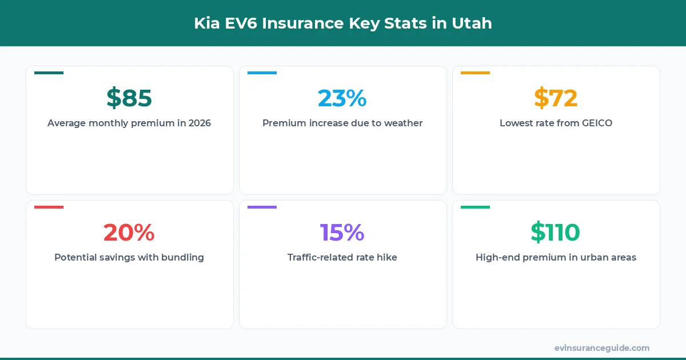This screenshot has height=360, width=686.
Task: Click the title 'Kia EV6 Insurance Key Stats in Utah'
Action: click(x=343, y=23)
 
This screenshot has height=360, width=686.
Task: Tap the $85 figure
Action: click(x=129, y=98)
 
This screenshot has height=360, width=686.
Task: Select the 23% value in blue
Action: click(x=342, y=98)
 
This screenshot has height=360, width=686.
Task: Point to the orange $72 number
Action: click(x=556, y=98)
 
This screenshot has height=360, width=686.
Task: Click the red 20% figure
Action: click(x=129, y=233)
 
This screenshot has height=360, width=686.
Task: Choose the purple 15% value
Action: click(x=342, y=233)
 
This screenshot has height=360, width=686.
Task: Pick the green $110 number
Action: click(x=556, y=233)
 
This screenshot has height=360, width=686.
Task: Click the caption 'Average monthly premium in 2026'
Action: click(x=129, y=123)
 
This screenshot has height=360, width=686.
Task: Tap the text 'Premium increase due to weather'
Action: click(x=342, y=123)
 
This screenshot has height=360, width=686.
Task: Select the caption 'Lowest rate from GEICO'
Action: click(x=556, y=123)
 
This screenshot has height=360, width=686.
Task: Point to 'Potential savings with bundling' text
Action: click(x=129, y=257)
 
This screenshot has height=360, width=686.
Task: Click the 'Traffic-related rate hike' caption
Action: click(x=342, y=257)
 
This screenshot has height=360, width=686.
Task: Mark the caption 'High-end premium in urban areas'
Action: click(x=556, y=257)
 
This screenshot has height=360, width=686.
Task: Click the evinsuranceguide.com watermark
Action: click(x=602, y=347)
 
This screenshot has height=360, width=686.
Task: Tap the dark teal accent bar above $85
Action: click(x=49, y=73)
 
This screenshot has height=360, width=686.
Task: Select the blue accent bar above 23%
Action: click(x=262, y=73)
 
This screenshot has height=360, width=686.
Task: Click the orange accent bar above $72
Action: click(x=475, y=73)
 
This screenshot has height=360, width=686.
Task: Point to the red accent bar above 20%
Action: click(x=49, y=207)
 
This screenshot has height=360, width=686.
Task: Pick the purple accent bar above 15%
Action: click(x=262, y=207)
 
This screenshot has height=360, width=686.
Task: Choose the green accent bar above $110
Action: click(x=475, y=207)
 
